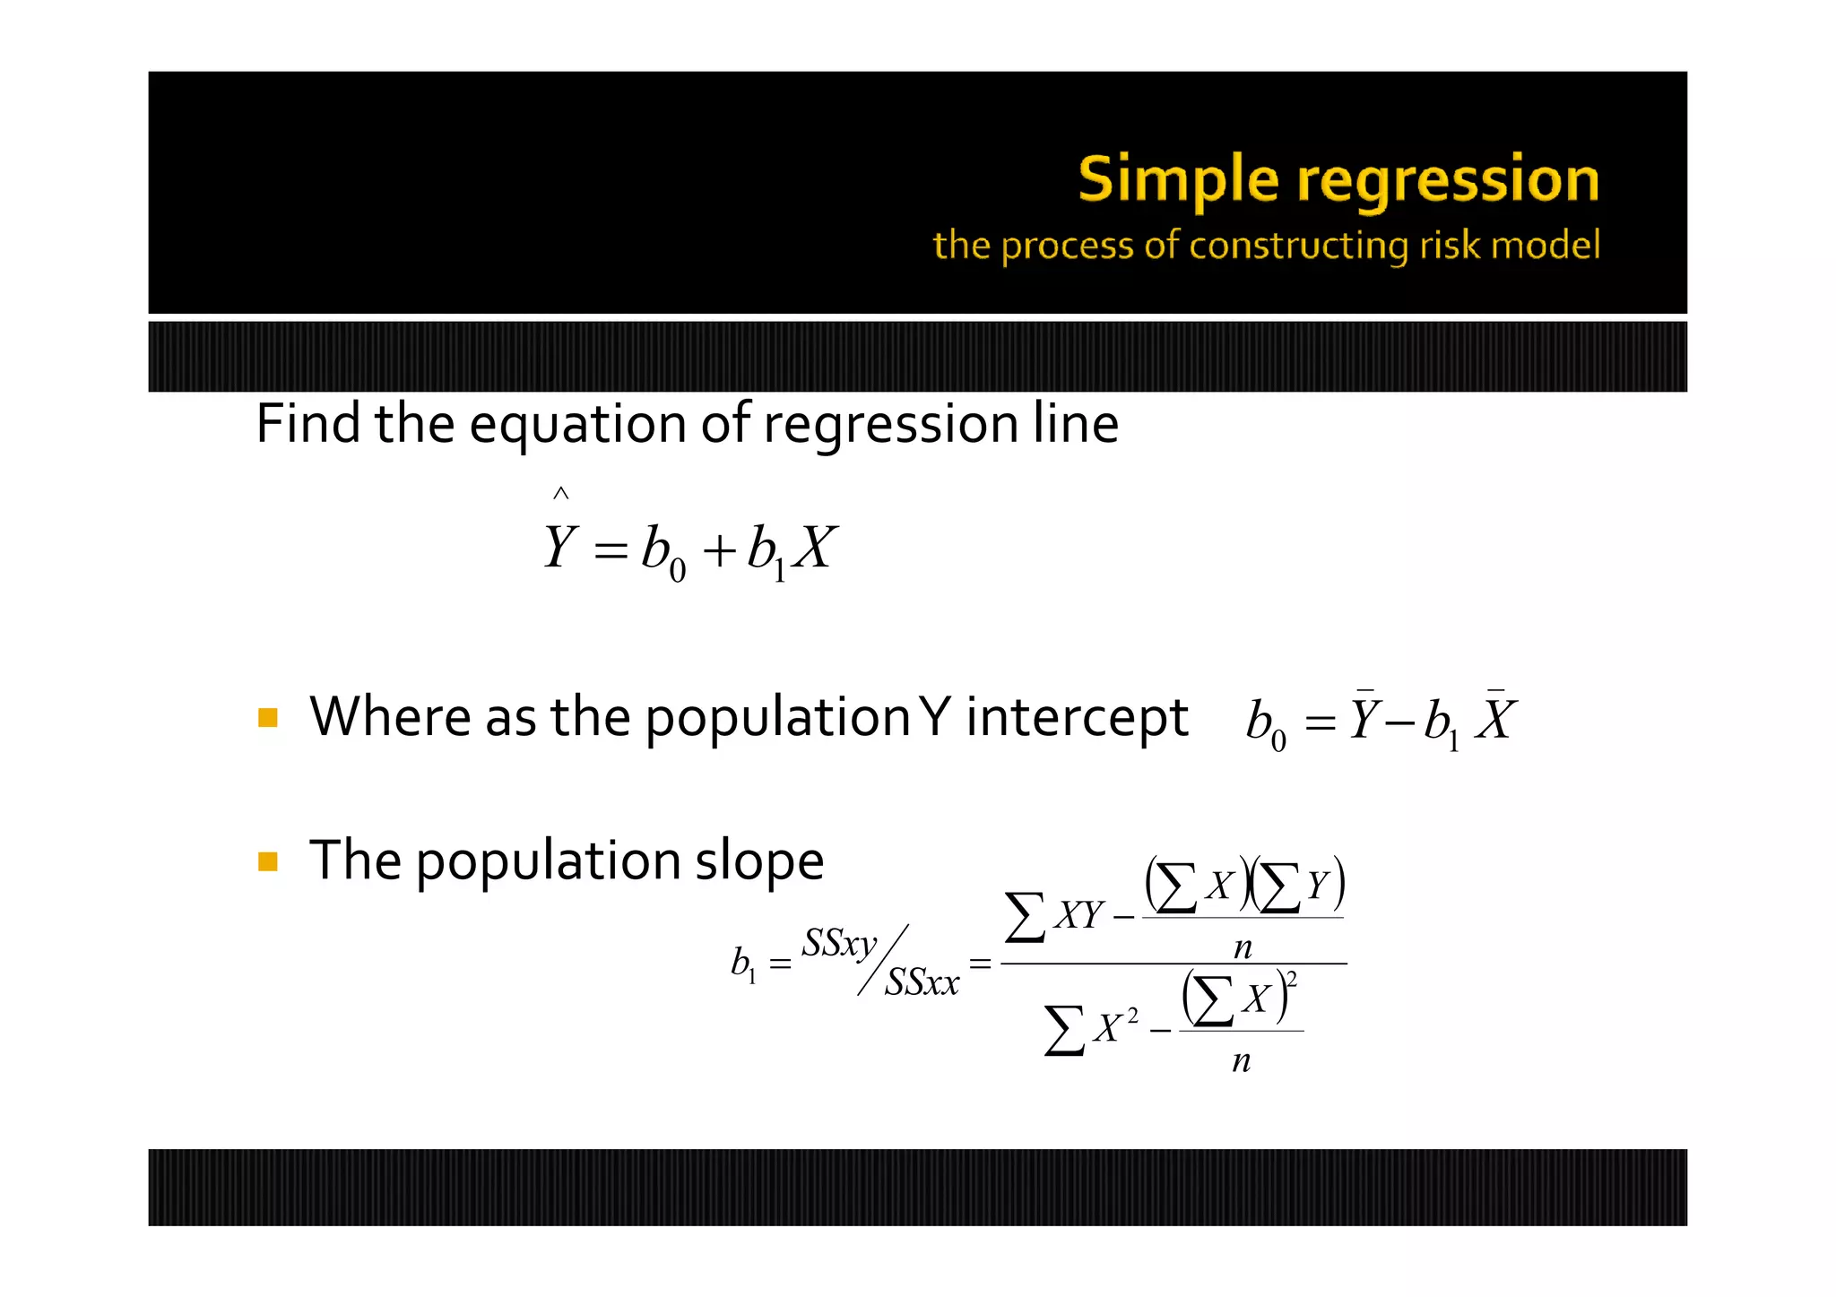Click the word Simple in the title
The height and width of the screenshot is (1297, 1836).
(1178, 180)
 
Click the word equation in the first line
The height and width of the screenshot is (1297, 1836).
(577, 425)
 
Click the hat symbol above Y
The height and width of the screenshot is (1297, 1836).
(560, 493)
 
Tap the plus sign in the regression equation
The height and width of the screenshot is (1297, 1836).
(719, 549)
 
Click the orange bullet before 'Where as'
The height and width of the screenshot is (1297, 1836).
(267, 717)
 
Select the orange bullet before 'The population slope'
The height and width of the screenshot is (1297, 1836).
(267, 861)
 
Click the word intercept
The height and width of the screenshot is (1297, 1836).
(1076, 718)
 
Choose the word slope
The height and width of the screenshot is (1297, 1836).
(758, 861)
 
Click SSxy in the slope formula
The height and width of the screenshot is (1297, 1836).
(839, 944)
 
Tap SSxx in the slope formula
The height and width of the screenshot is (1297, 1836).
(922, 983)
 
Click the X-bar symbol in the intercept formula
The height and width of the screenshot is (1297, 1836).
(1494, 718)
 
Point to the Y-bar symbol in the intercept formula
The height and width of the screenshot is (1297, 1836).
(1364, 718)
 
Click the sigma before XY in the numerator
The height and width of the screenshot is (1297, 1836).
(1025, 916)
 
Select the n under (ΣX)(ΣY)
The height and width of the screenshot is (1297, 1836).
(1243, 947)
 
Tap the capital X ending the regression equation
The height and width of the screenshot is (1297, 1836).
(815, 548)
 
